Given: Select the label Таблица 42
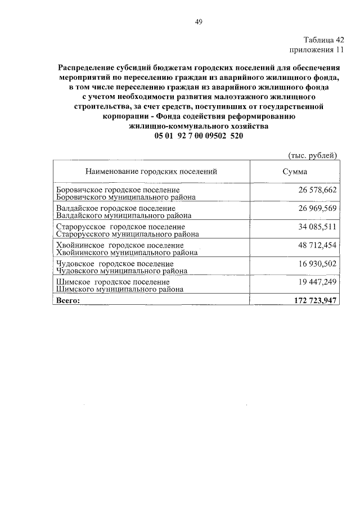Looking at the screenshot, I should click(x=323, y=40).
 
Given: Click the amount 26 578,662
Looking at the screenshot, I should click(x=317, y=190).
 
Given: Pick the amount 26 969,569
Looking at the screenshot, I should click(x=317, y=209).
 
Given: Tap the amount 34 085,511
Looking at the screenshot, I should click(x=317, y=227).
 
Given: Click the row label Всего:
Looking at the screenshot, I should click(x=69, y=300).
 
